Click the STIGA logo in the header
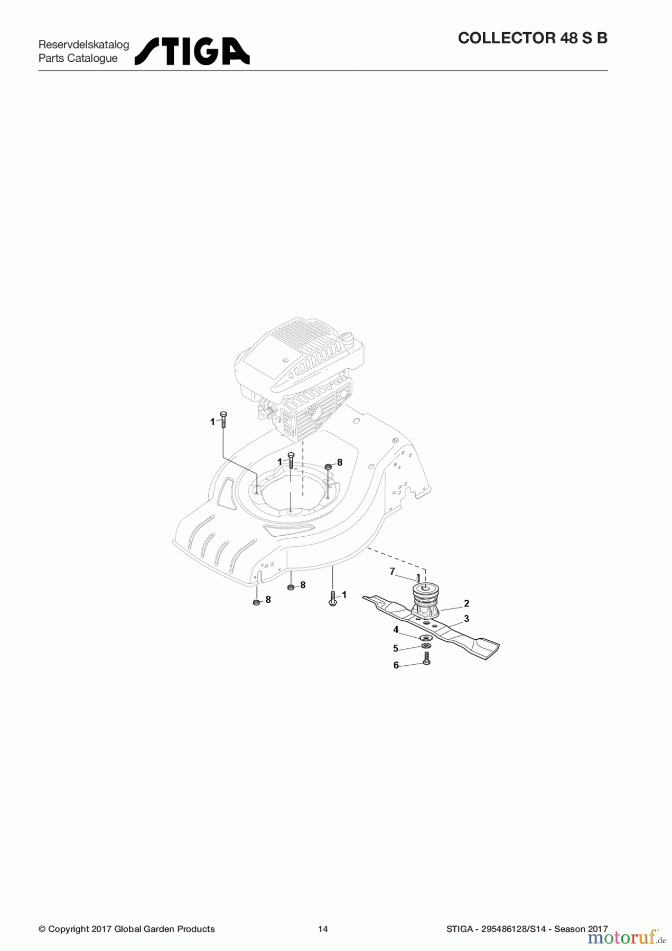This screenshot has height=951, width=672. pyautogui.click(x=192, y=51)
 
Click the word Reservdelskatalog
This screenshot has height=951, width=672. pyautogui.click(x=83, y=44)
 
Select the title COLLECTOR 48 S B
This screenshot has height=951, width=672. pyautogui.click(x=533, y=38)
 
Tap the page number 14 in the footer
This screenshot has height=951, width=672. pyautogui.click(x=323, y=929)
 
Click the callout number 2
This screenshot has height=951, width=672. pyautogui.click(x=466, y=603)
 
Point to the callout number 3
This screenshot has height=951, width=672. pyautogui.click(x=466, y=618)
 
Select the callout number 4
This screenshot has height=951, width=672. pyautogui.click(x=396, y=629)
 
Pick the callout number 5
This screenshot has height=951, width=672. pyautogui.click(x=395, y=648)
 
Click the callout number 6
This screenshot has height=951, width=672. pyautogui.click(x=396, y=665)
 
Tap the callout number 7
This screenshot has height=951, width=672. pyautogui.click(x=392, y=572)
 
